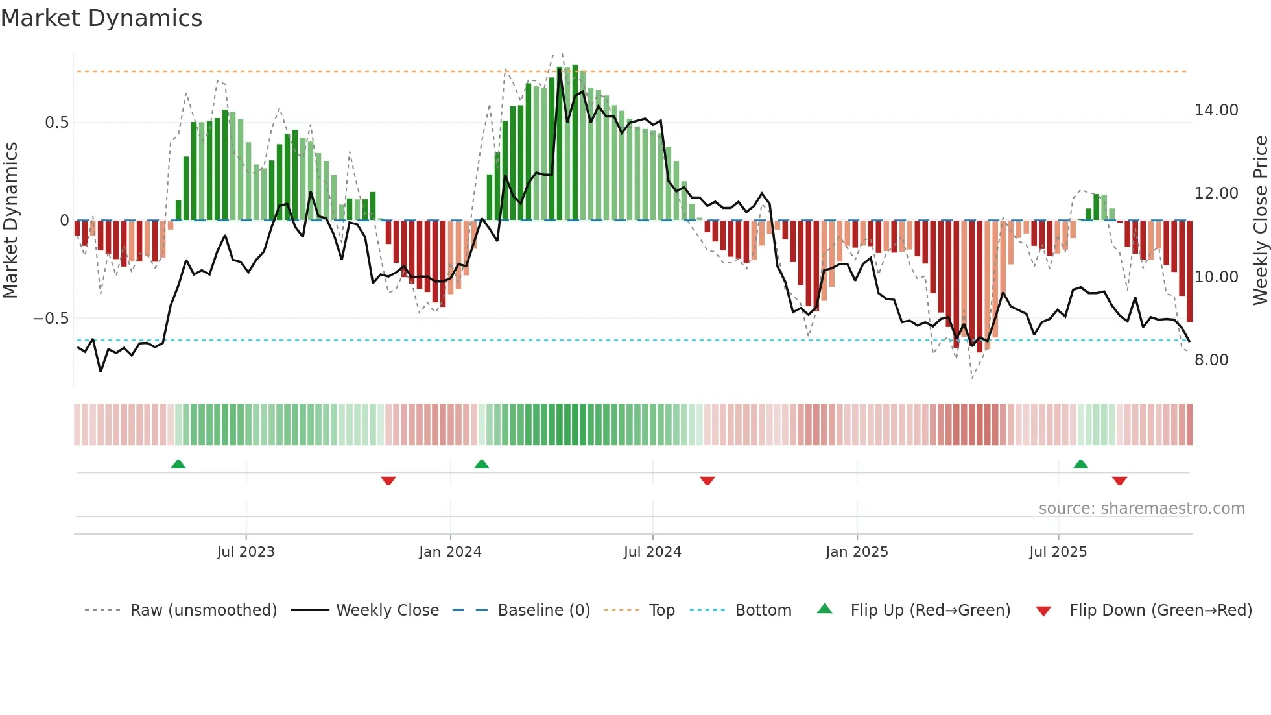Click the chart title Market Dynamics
pyautogui.click(x=101, y=18)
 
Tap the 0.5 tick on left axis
pyautogui.click(x=56, y=123)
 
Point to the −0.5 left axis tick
pyautogui.click(x=51, y=319)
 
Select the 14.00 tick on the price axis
pyautogui.click(x=1216, y=110)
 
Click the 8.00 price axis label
pyautogui.click(x=1211, y=360)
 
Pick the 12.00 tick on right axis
pyautogui.click(x=1216, y=193)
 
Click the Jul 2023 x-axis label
pyautogui.click(x=246, y=552)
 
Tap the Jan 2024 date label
pyautogui.click(x=450, y=552)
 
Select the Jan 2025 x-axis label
pyautogui.click(x=857, y=552)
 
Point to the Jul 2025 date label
pyautogui.click(x=1058, y=552)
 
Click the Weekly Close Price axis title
pyautogui.click(x=1260, y=220)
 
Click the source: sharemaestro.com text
pyautogui.click(x=1141, y=509)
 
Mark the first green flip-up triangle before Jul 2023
pyautogui.click(x=178, y=464)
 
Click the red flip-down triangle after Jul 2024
pyautogui.click(x=707, y=481)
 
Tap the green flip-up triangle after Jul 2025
pyautogui.click(x=1080, y=464)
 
